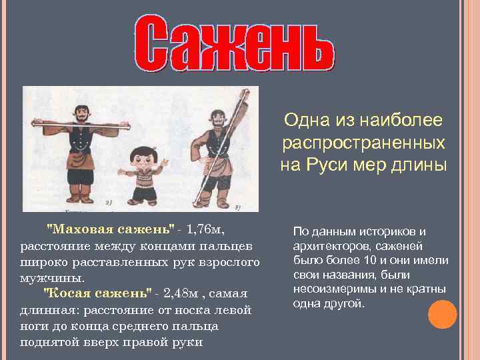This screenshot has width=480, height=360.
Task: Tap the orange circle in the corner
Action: pyautogui.click(x=442, y=314)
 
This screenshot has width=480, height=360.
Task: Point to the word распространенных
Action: pyautogui.click(x=363, y=143)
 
